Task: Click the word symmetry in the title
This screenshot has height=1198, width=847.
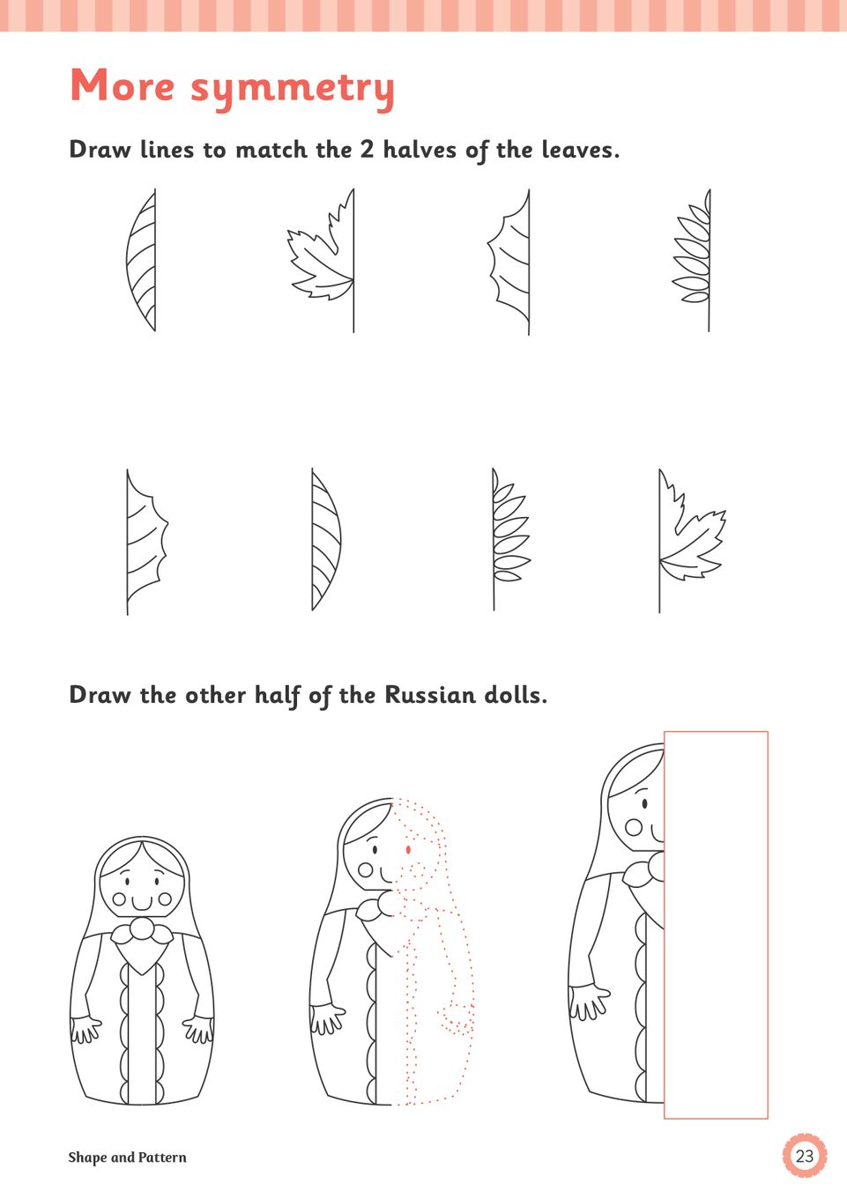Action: tap(293, 89)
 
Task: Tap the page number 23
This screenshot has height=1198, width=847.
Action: tap(804, 1156)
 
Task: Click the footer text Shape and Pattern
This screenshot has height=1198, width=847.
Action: tap(127, 1157)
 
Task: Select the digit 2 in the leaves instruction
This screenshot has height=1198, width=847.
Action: tap(367, 149)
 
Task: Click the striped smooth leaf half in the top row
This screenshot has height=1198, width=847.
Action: tap(142, 260)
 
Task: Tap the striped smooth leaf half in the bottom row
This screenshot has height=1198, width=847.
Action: tap(326, 539)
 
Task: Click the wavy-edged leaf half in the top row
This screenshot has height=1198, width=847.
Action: tap(509, 263)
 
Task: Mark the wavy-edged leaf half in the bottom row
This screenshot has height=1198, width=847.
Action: tap(146, 541)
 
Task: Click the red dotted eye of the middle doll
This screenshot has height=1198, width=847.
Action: tap(409, 849)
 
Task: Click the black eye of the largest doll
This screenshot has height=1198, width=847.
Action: tap(644, 803)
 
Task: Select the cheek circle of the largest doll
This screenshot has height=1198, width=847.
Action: tap(634, 827)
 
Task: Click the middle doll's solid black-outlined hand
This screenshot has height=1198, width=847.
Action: tap(327, 1018)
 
